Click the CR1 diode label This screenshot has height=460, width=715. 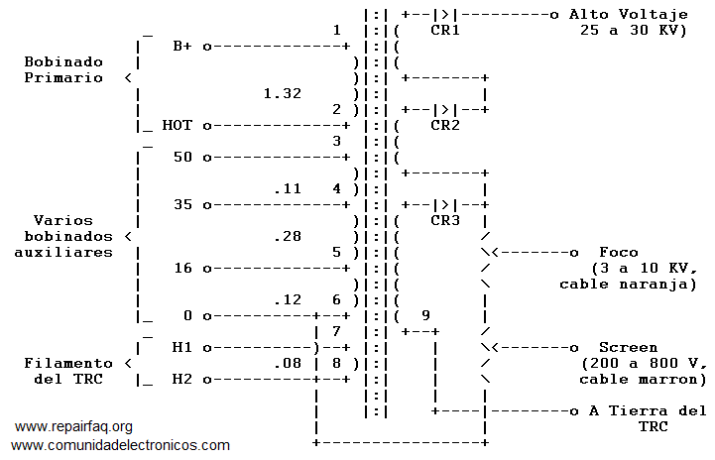coord(445,31)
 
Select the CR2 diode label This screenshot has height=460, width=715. coord(445,126)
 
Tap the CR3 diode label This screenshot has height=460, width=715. coord(445,221)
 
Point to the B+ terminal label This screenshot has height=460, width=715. coord(182,47)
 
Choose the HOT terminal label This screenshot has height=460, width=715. coord(178,126)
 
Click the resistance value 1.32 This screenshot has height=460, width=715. coord(283,94)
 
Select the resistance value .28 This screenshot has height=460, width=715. coord(288,237)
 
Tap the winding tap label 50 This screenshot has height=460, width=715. coord(182,158)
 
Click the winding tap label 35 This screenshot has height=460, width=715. coord(182,205)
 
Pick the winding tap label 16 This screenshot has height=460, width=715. coord(182,269)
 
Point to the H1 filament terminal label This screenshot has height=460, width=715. coord(182,348)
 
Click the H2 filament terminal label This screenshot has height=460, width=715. coord(182,380)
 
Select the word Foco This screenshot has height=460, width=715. coord(619,253)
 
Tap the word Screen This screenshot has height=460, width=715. coord(628,348)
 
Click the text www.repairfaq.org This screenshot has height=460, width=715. coord(73,427)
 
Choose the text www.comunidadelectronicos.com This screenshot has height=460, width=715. coord(120,446)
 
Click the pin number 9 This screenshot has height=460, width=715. coord(425,316)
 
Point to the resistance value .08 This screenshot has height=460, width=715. coord(288,364)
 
